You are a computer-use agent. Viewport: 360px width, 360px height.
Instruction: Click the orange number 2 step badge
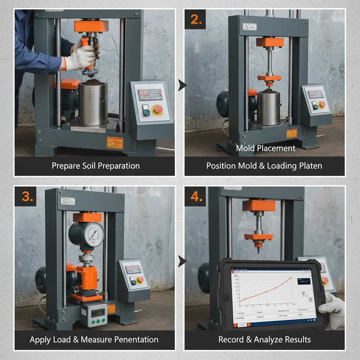click(196, 20)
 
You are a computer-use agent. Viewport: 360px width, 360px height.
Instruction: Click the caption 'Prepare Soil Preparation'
click(96, 166)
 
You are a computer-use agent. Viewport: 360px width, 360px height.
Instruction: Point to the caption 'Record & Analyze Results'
click(264, 340)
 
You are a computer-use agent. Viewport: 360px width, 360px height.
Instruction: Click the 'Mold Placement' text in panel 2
click(265, 148)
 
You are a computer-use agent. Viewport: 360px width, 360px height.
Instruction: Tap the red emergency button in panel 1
click(159, 109)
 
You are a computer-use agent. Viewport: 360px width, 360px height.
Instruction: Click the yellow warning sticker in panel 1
click(115, 142)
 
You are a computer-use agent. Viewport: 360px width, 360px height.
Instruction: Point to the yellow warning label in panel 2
click(291, 134)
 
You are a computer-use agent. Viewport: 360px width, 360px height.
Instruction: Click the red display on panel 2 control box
click(315, 94)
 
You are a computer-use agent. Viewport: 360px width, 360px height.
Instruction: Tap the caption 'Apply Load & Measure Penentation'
click(94, 340)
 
